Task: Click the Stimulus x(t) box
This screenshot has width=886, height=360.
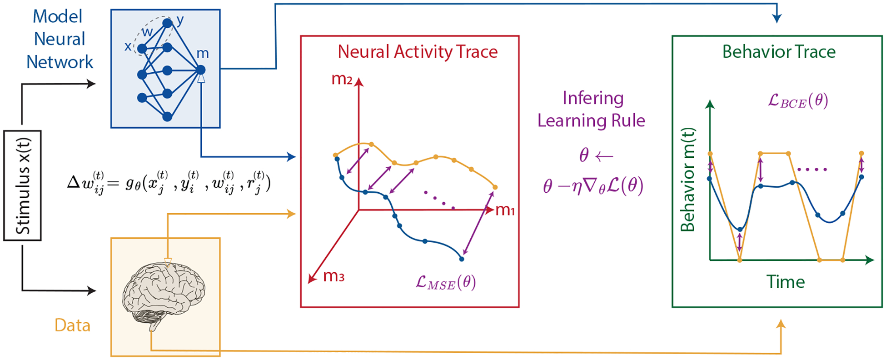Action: pyautogui.click(x=22, y=185)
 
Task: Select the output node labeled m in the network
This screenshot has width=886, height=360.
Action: pyautogui.click(x=200, y=70)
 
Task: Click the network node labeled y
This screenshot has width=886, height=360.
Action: pyautogui.click(x=167, y=23)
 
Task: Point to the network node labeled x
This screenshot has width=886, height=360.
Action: pyautogui.click(x=142, y=49)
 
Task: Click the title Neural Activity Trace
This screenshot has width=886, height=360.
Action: pyautogui.click(x=418, y=52)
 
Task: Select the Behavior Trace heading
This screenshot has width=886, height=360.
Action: pyautogui.click(x=779, y=52)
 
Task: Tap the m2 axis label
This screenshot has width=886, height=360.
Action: pyautogui.click(x=342, y=79)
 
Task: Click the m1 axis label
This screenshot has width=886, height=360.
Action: pyautogui.click(x=505, y=210)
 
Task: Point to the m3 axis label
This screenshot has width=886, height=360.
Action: pyautogui.click(x=333, y=276)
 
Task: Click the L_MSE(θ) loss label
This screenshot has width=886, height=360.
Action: pyautogui.click(x=446, y=283)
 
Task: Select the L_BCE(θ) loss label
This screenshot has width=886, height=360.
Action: pyautogui.click(x=798, y=100)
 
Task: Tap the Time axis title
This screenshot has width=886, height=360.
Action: pyautogui.click(x=786, y=282)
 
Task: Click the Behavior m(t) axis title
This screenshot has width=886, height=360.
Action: pyautogui.click(x=688, y=180)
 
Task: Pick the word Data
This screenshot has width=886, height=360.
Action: pyautogui.click(x=72, y=325)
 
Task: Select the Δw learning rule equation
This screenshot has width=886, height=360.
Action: pyautogui.click(x=169, y=183)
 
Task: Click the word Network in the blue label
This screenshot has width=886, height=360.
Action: pyautogui.click(x=60, y=62)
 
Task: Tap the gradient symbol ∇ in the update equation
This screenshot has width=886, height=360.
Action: pyautogui.click(x=590, y=186)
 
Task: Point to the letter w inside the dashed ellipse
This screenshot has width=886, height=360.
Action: pyautogui.click(x=147, y=32)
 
